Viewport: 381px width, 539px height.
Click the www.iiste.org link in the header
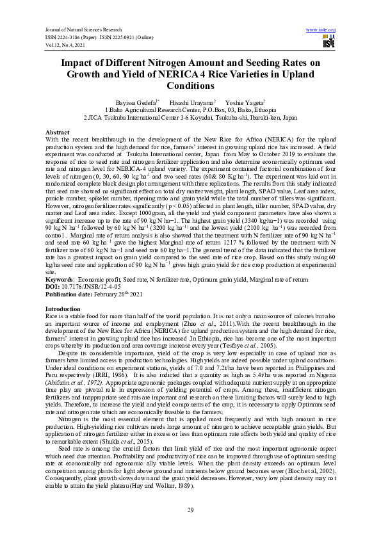click(x=321, y=30)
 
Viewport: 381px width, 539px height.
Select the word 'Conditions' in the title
click(x=190, y=85)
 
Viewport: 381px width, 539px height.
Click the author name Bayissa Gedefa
click(x=131, y=102)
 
